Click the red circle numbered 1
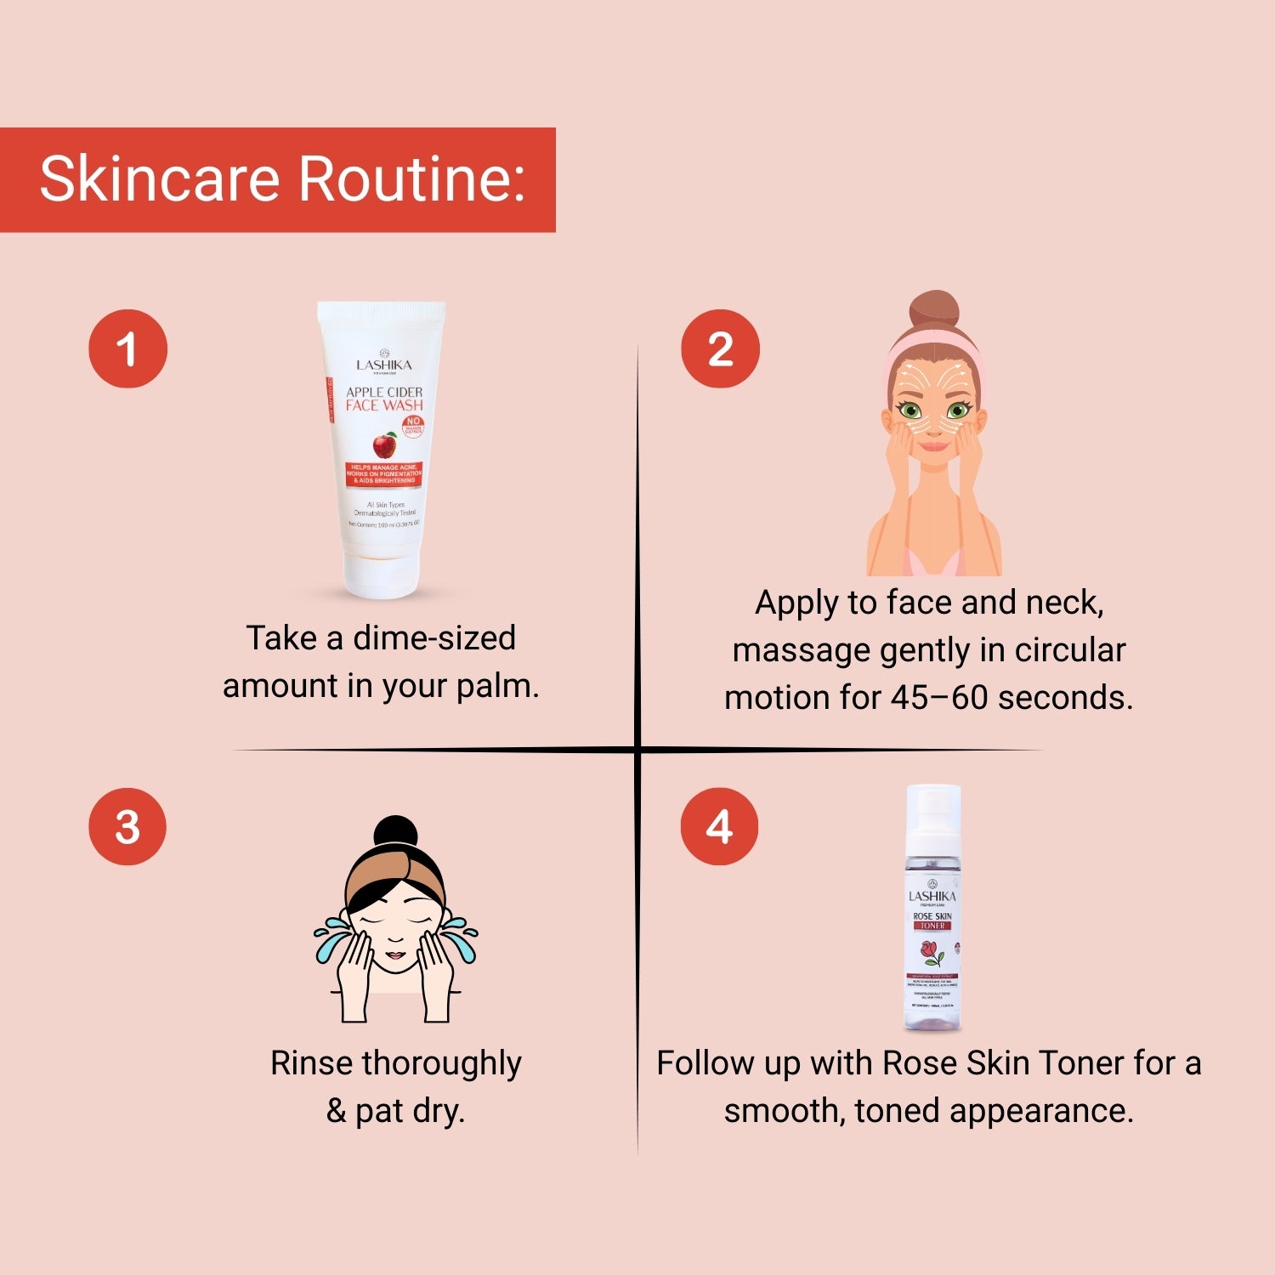click(x=127, y=348)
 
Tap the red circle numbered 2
click(x=720, y=348)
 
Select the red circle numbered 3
click(x=127, y=826)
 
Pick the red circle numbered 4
click(x=719, y=826)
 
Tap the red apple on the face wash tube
click(x=385, y=445)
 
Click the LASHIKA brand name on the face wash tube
click(x=384, y=365)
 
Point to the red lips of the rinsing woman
click(x=395, y=956)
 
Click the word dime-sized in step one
click(x=433, y=637)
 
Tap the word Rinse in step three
click(x=312, y=1062)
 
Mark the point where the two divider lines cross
click(x=637, y=750)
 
